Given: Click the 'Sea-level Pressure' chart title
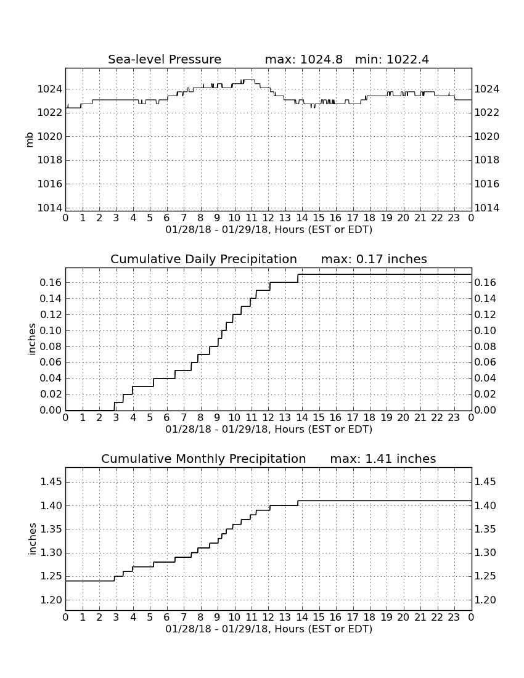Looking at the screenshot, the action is pos(165,59).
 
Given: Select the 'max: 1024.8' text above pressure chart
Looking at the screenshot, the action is pos(303,59).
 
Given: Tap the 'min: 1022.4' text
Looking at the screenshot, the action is pos(391,59).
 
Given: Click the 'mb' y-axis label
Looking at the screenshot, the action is pos(30,141).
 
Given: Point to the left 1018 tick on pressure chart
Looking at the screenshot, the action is pos(50,160).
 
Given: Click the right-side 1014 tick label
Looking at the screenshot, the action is pos(487,208).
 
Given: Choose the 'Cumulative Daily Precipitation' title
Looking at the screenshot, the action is pos(203,259).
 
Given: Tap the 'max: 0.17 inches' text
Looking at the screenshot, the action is pos(374,259).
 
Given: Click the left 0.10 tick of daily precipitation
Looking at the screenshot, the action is pos(51,331).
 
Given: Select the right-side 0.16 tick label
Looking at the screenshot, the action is pos(485,283).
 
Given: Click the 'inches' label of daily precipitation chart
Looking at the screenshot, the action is pos(31,340).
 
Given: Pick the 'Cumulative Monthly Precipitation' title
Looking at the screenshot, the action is pos(203,459).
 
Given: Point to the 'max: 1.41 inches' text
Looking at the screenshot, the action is pos(383,459).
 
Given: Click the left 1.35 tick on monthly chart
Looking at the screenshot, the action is pos(51,529).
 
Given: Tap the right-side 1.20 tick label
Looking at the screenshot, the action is pos(486,600).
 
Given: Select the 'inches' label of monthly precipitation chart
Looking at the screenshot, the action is pos(32,539).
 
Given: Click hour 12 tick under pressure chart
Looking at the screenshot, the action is pos(269,218).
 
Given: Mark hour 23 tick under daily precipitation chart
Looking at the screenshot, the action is pos(454,418).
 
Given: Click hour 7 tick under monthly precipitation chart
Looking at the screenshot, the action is pos(184,617).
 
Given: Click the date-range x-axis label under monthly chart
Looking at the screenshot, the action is pos(269,629).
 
